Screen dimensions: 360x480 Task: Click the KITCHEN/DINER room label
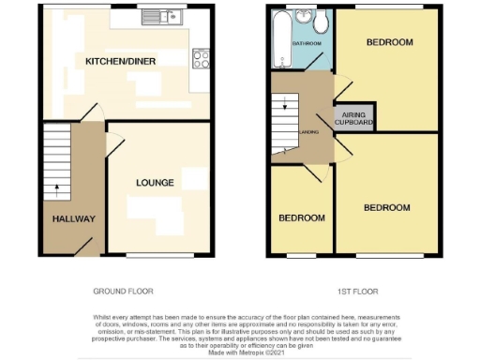click(x=120, y=61)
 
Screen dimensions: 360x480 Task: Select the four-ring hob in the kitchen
click(x=200, y=58)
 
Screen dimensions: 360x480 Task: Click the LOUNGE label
click(x=155, y=183)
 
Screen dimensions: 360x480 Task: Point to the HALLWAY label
click(x=73, y=218)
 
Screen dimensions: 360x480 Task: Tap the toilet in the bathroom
click(x=320, y=22)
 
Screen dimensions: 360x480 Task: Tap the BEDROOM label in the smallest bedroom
click(x=302, y=217)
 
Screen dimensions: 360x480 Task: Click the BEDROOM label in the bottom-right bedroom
click(x=387, y=206)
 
